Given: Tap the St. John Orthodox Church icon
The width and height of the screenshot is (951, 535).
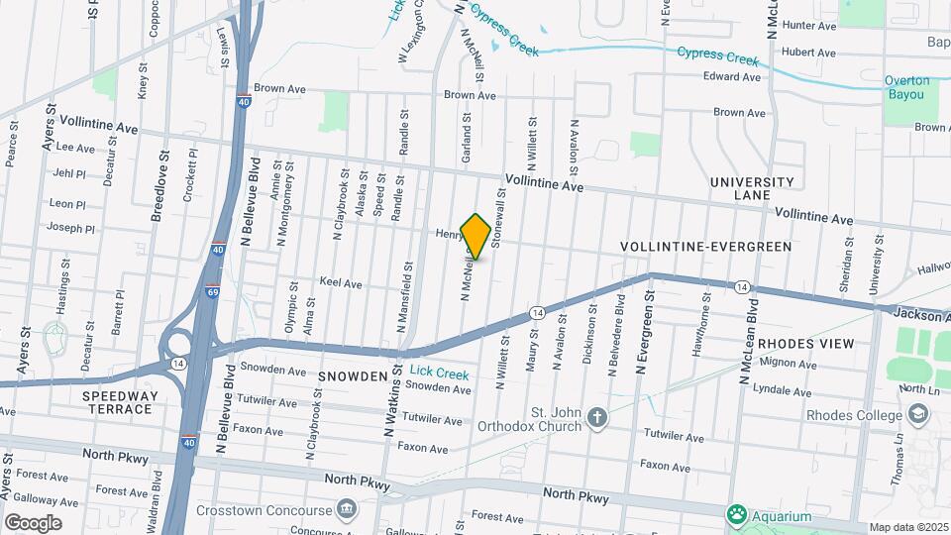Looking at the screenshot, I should click(596, 417).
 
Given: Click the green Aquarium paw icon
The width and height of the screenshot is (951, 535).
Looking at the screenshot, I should click(736, 515).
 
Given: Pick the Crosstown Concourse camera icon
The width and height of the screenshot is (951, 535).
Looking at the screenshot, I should click(347, 510).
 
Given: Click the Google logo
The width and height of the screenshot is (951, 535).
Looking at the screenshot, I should click(33, 523).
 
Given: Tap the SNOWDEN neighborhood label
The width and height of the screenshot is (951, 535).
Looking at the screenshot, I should click(353, 376).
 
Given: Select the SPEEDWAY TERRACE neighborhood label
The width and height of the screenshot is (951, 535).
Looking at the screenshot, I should click(119, 402).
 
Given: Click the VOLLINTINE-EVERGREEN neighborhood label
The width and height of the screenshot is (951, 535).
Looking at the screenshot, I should click(705, 246).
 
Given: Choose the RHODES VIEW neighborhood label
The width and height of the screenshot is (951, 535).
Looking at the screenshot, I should click(804, 344).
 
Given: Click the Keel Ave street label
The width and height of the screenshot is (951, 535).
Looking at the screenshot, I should click(340, 283).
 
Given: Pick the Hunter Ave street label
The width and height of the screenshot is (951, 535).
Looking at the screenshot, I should click(810, 26).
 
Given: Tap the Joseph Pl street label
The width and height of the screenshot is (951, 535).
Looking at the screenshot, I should click(70, 228).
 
